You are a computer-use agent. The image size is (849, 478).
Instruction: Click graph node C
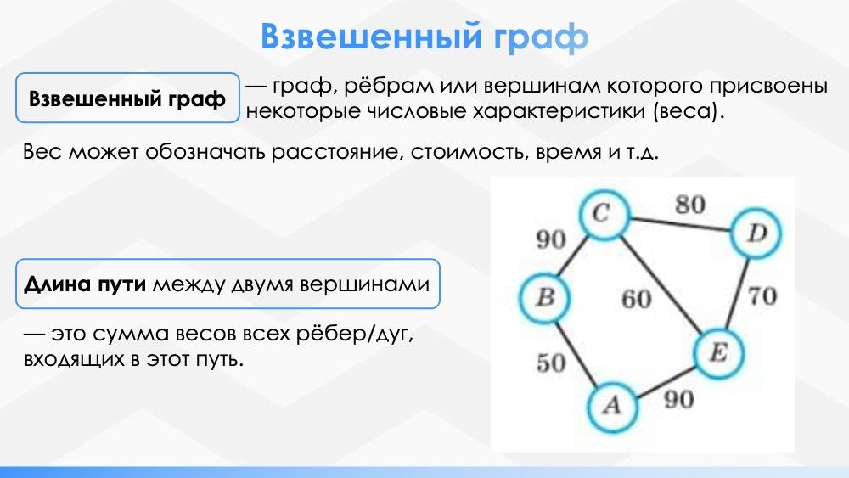[x=604, y=215]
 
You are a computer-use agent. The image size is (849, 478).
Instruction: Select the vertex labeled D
[x=756, y=233]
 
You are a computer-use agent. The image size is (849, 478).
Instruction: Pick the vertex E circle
[x=718, y=353]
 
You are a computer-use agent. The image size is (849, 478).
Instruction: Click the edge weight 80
[x=689, y=205]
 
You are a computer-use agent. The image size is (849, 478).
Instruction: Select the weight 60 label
[x=636, y=299]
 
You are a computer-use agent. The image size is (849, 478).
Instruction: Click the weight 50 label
[x=551, y=363]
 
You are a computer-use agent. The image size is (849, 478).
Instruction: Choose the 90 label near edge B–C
[x=551, y=239]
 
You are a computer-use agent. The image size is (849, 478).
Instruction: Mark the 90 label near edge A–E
[x=679, y=400]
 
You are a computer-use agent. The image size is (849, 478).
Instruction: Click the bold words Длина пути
[x=85, y=284]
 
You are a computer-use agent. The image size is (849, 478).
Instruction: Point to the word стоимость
[x=468, y=152]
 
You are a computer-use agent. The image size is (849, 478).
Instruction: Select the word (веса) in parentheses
[x=688, y=111]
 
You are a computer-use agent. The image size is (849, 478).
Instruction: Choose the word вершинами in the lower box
[x=365, y=284]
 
